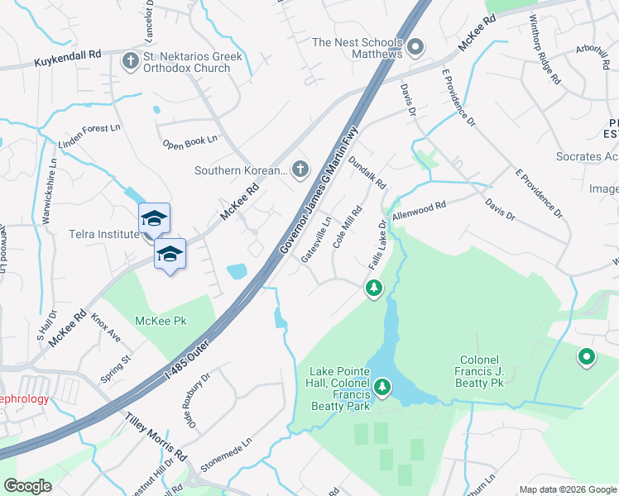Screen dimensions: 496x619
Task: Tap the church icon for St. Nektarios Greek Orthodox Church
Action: pos(130,60)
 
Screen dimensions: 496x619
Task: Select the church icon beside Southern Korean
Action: pos(300,169)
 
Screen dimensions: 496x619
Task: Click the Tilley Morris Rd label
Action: pos(156,437)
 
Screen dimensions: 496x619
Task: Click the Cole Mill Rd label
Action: pos(348,227)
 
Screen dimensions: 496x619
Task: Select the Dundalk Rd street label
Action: pos(367,173)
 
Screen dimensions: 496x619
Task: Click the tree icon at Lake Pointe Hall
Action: pos(381,386)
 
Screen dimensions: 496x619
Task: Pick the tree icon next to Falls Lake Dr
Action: pos(374,288)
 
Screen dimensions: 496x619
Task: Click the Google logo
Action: pos(27,486)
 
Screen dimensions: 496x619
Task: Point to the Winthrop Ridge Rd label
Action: pos(545,62)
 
